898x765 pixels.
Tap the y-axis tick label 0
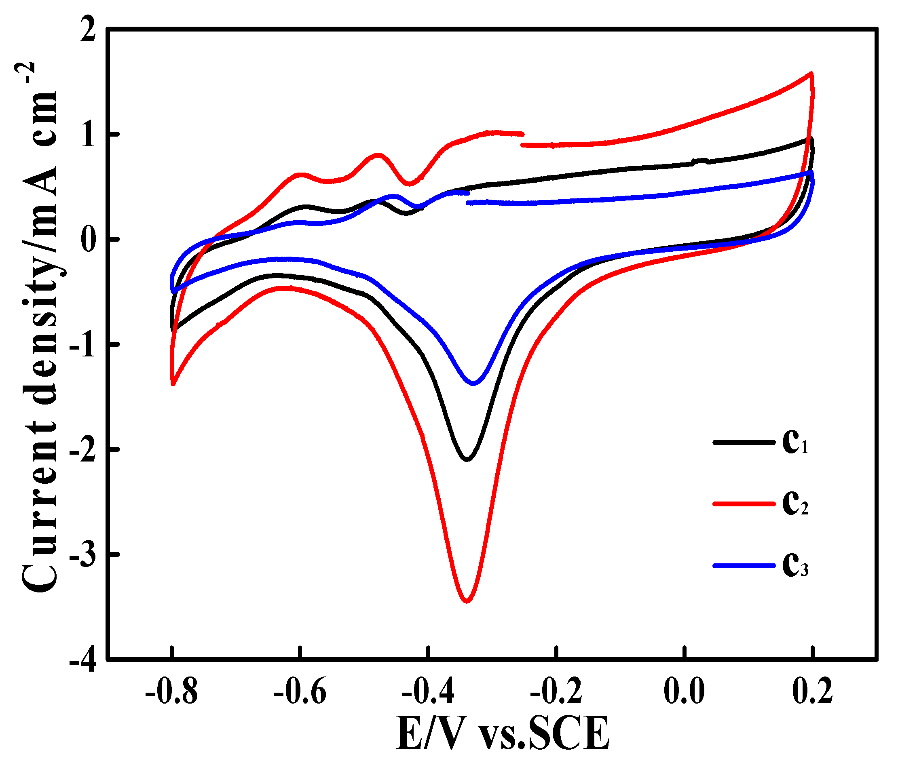(89, 240)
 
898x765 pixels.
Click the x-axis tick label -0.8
(172, 692)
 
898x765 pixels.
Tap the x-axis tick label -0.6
(300, 692)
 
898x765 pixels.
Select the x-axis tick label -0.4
(428, 692)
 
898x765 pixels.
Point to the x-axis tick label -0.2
(556, 692)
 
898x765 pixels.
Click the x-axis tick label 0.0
(685, 692)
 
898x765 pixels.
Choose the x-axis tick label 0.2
(812, 692)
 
